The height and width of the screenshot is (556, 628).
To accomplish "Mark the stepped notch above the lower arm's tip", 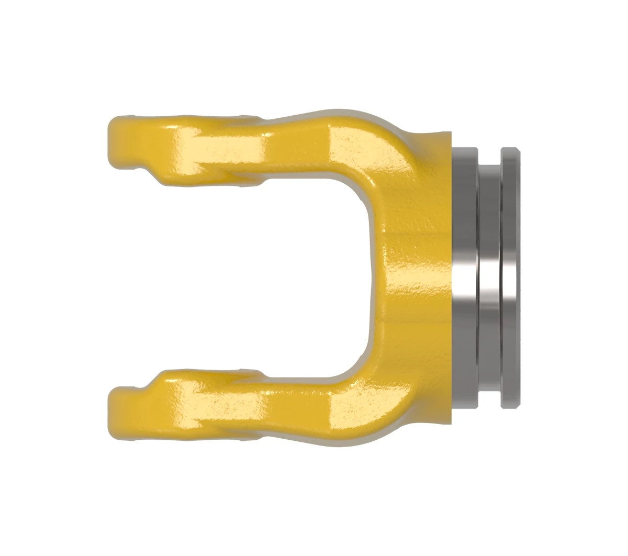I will tap(144, 387).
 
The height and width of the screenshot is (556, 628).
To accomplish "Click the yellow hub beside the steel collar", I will tap(424, 277).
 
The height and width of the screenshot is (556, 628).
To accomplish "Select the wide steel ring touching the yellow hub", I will tap(465, 277).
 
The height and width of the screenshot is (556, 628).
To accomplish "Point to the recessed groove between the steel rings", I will tap(490, 277).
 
